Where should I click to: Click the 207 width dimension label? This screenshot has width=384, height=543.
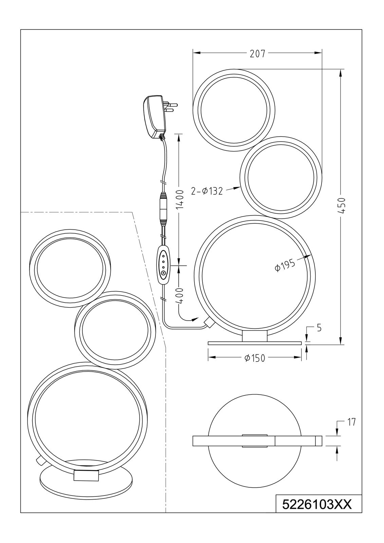tap(258, 54)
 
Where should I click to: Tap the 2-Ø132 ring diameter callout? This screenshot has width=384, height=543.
tap(207, 191)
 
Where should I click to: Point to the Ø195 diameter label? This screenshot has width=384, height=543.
tap(285, 265)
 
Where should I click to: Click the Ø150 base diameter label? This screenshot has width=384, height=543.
tap(255, 358)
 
